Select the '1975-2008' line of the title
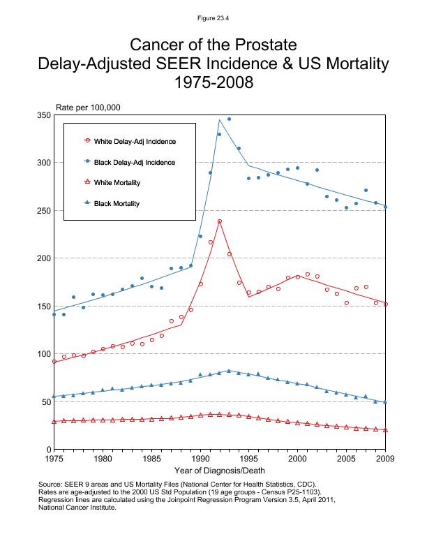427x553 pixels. click(x=213, y=83)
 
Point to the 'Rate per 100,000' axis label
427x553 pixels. click(x=89, y=108)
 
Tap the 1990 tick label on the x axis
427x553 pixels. click(x=200, y=459)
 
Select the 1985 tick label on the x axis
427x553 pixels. click(x=151, y=459)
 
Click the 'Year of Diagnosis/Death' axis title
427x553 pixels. click(x=219, y=471)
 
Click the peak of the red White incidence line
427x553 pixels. click(x=220, y=221)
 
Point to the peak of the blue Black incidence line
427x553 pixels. click(x=220, y=119)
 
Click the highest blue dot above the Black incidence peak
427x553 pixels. click(x=229, y=119)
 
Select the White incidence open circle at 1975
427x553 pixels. click(x=54, y=362)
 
